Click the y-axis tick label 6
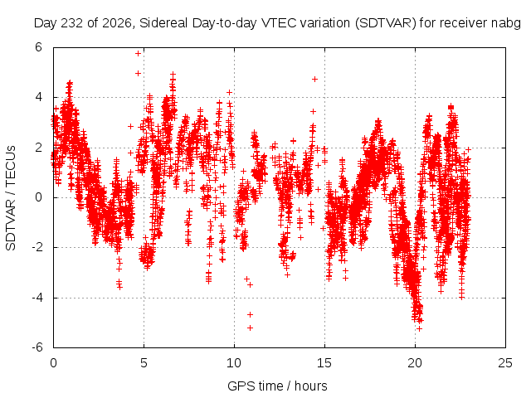point(38,47)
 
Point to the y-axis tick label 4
point(38,97)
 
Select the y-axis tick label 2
point(38,148)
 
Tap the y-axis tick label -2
point(37,247)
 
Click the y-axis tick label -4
point(37,298)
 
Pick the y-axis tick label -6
point(37,347)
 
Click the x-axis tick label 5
point(144,363)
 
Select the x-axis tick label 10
point(234,363)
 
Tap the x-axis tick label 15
point(324,363)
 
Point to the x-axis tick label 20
point(415,363)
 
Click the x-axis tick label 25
point(505,363)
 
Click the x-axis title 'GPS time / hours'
point(277,386)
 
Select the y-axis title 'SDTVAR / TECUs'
point(11,198)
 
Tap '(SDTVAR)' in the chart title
point(385,23)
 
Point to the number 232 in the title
point(72,23)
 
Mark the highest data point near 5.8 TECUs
point(138,53)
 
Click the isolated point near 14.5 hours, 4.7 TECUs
point(315,80)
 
